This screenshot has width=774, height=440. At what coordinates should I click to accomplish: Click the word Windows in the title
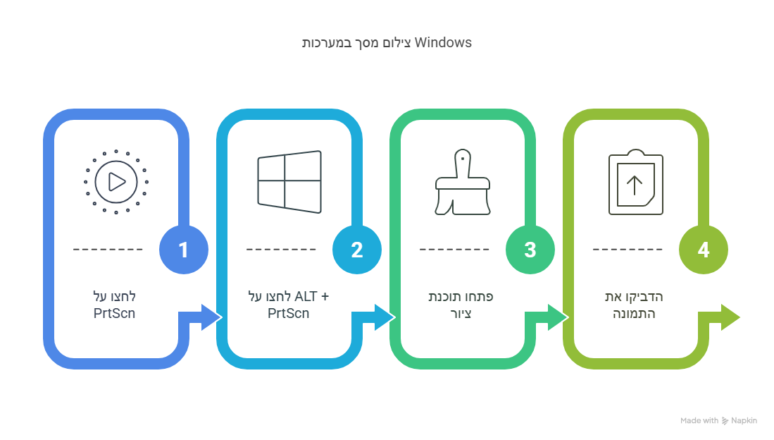443,42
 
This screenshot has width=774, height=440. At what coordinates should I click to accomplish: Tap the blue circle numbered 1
184,250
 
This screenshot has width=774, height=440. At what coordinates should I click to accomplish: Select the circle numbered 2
357,250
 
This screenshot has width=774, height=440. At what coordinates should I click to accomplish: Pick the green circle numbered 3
530,250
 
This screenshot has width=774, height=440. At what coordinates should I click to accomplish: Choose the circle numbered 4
703,250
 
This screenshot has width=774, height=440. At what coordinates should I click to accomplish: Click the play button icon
116,182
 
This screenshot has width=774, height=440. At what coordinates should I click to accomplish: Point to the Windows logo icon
289,182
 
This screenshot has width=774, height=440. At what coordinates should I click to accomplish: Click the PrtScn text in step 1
114,313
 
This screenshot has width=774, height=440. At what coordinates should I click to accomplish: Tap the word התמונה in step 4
634,313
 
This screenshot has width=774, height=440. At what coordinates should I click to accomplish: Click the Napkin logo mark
725,421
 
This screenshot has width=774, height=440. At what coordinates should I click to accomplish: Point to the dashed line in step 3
454,250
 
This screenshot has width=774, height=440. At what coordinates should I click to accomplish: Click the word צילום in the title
399,42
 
